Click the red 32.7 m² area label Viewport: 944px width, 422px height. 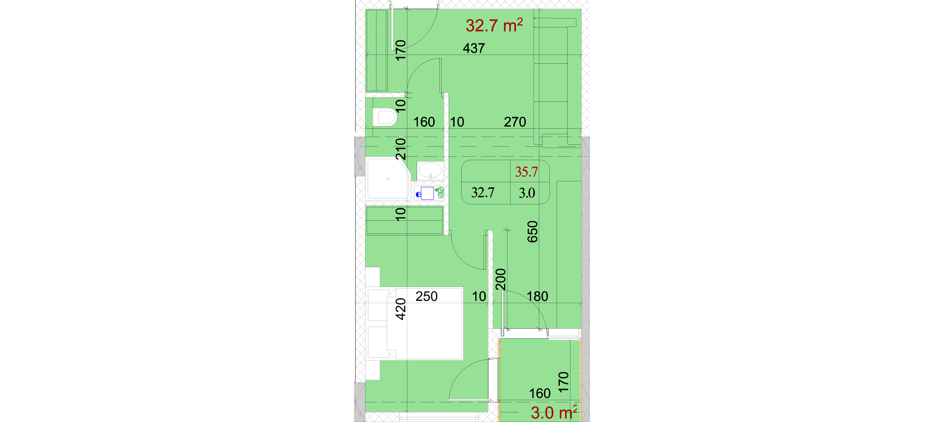(494, 25)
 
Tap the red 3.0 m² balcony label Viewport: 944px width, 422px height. (554, 413)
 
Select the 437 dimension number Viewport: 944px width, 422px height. (474, 48)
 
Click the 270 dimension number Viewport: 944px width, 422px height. (515, 122)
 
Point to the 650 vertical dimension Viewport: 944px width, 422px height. (532, 232)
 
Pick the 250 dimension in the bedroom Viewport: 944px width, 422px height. (426, 296)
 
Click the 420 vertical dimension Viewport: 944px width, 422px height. (400, 309)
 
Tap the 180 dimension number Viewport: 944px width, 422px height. (537, 296)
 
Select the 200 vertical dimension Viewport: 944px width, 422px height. (501, 279)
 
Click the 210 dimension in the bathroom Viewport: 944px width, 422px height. (400, 149)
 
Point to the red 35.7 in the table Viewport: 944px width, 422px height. (526, 172)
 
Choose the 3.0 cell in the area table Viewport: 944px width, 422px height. (527, 193)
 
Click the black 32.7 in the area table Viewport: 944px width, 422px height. (483, 193)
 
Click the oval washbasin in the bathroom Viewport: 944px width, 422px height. (430, 171)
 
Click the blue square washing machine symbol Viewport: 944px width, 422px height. (427, 193)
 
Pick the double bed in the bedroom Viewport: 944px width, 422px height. (425, 323)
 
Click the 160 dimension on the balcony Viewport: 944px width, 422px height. (540, 393)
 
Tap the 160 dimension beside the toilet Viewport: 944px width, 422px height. (424, 122)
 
